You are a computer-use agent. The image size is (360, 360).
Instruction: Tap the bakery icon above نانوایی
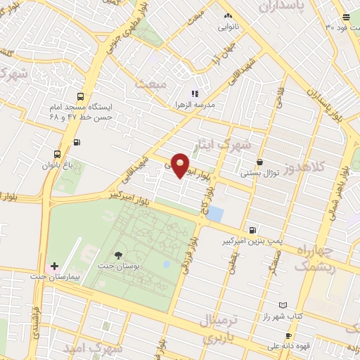click(227, 15)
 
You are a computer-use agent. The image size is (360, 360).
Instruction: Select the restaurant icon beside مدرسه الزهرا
click(195, 93)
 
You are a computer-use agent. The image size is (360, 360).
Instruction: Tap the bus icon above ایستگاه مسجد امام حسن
click(80, 97)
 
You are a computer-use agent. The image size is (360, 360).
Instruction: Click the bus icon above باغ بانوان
click(57, 154)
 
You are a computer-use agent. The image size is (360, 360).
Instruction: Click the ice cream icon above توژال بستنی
click(259, 162)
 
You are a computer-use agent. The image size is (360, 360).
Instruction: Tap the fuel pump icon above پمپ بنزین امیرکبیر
click(252, 229)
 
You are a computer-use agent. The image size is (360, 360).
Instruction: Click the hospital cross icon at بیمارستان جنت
click(54, 266)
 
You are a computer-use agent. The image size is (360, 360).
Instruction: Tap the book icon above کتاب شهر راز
click(283, 305)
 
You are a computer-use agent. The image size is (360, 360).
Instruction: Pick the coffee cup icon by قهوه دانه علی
click(288, 335)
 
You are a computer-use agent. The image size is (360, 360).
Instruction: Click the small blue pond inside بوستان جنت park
click(167, 264)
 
